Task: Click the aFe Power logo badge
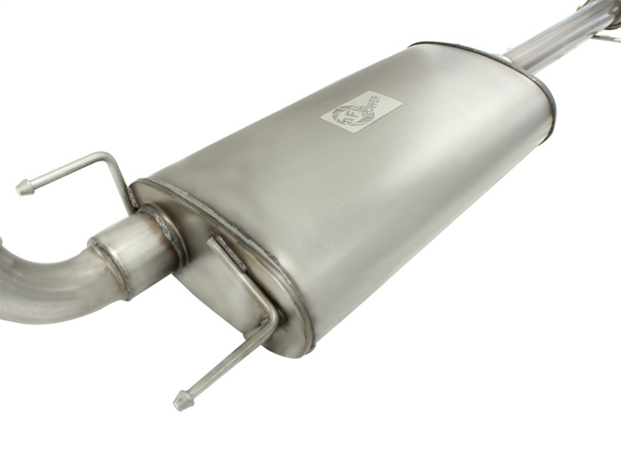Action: pyautogui.click(x=361, y=112)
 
